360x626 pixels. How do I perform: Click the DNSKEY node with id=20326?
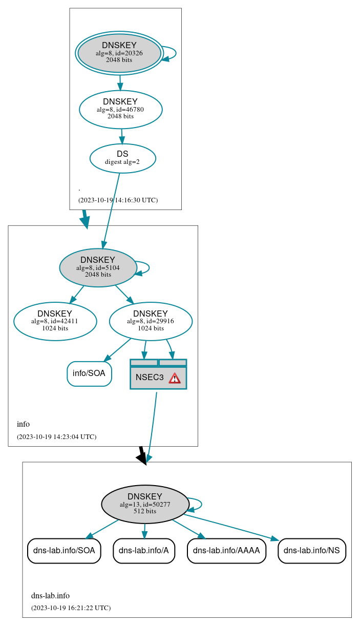click(x=119, y=53)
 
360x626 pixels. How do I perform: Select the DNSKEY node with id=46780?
click(x=120, y=109)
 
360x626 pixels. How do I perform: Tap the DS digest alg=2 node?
click(x=122, y=158)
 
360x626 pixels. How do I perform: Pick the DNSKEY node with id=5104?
click(x=98, y=267)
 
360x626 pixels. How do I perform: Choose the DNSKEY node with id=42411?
click(x=55, y=321)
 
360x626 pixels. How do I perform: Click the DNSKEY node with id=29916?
click(x=151, y=321)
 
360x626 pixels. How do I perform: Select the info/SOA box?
click(x=89, y=373)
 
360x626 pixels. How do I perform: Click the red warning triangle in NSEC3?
click(x=175, y=378)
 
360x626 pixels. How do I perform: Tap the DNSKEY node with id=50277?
click(x=145, y=504)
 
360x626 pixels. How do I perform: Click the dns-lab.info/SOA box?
click(x=64, y=551)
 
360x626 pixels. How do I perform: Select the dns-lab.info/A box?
click(x=144, y=551)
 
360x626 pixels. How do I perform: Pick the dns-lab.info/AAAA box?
click(x=226, y=551)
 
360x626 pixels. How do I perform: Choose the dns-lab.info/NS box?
click(x=312, y=551)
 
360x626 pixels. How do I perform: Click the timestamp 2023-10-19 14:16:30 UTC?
click(x=118, y=200)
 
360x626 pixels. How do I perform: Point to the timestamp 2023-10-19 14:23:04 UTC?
click(x=56, y=437)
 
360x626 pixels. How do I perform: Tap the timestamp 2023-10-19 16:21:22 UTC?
click(x=71, y=608)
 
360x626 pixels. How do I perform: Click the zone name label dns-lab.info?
click(x=50, y=596)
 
